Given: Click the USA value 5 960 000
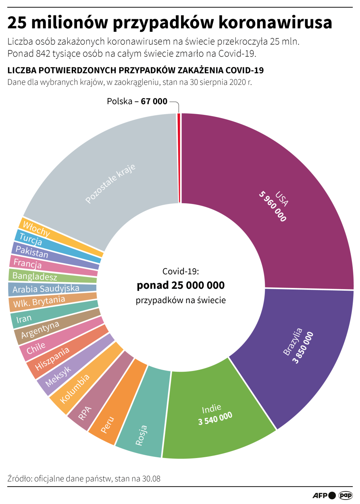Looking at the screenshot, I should click(273, 207).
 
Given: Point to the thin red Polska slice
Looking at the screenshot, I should click(179, 157).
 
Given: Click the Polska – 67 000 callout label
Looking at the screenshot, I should click(137, 102).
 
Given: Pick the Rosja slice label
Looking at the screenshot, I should click(142, 435).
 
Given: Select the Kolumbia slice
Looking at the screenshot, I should click(75, 389).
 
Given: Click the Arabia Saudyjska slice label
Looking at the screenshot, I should click(46, 289).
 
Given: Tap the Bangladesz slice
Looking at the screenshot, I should click(35, 276).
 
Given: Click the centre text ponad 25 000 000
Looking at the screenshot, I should click(181, 285).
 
